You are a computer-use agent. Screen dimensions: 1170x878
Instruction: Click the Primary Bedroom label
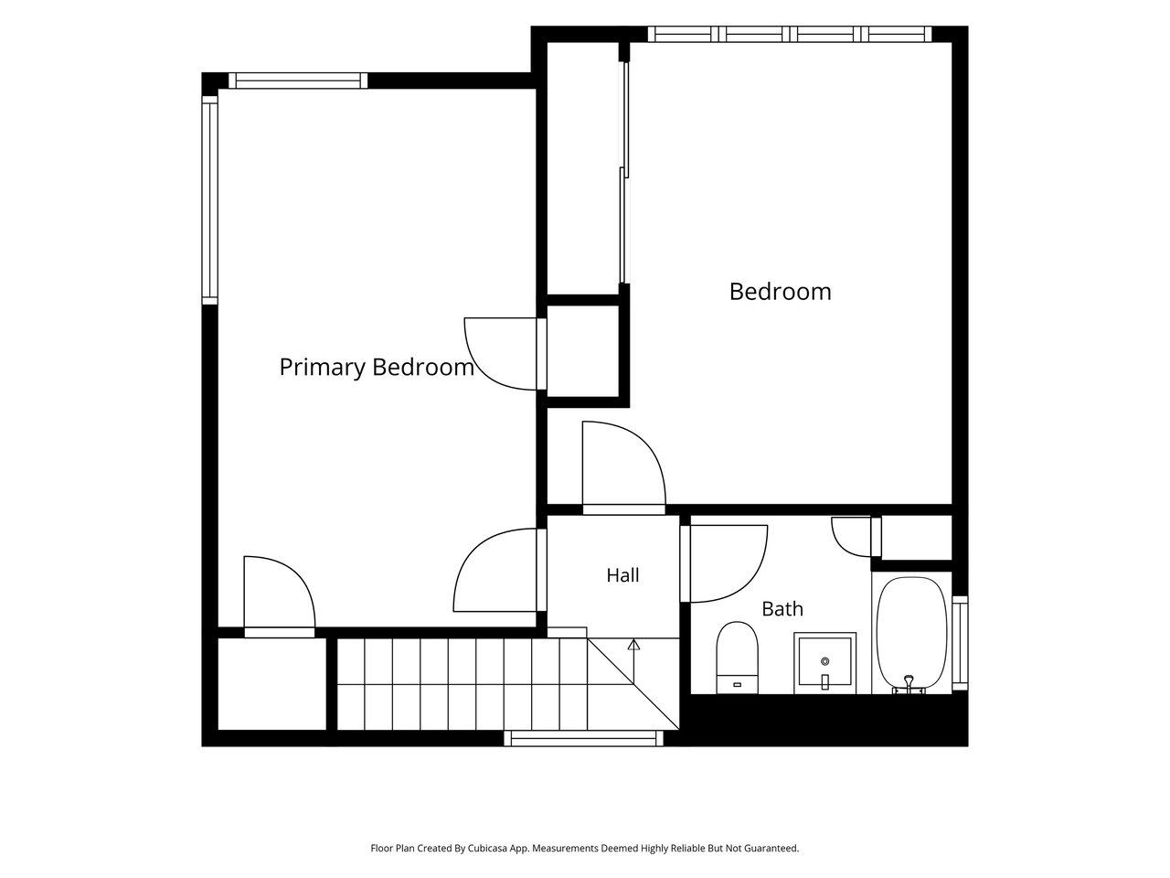pos(377,368)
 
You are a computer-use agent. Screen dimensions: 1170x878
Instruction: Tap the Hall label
pos(622,575)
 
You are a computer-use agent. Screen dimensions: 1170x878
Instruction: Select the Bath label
pos(782,609)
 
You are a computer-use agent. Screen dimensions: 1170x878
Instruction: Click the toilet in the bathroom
pos(737,658)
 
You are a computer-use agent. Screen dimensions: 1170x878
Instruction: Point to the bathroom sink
pos(824,663)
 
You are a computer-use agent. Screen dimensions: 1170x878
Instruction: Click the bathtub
pos(911,635)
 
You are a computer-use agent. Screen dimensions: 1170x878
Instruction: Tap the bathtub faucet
pos(909,684)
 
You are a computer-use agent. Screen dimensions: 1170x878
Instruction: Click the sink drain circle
pos(825,661)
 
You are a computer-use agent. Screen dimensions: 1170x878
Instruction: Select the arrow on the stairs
pos(633,661)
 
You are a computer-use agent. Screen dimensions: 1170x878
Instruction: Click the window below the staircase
pos(584,739)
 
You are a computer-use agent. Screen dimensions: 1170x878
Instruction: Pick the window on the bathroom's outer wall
pos(960,644)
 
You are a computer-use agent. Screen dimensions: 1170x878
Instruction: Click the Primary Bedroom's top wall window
pos(298,80)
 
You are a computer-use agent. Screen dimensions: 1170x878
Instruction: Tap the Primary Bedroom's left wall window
pos(210,200)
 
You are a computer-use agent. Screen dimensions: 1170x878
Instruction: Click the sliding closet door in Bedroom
pos(624,173)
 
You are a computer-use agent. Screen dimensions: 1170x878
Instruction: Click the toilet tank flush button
pos(737,684)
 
